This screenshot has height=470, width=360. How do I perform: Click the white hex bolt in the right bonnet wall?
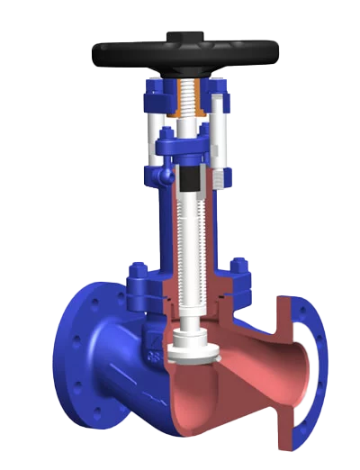pyautogui.click(x=219, y=176)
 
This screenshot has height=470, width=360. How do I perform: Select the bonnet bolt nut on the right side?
pyautogui.click(x=239, y=269)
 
